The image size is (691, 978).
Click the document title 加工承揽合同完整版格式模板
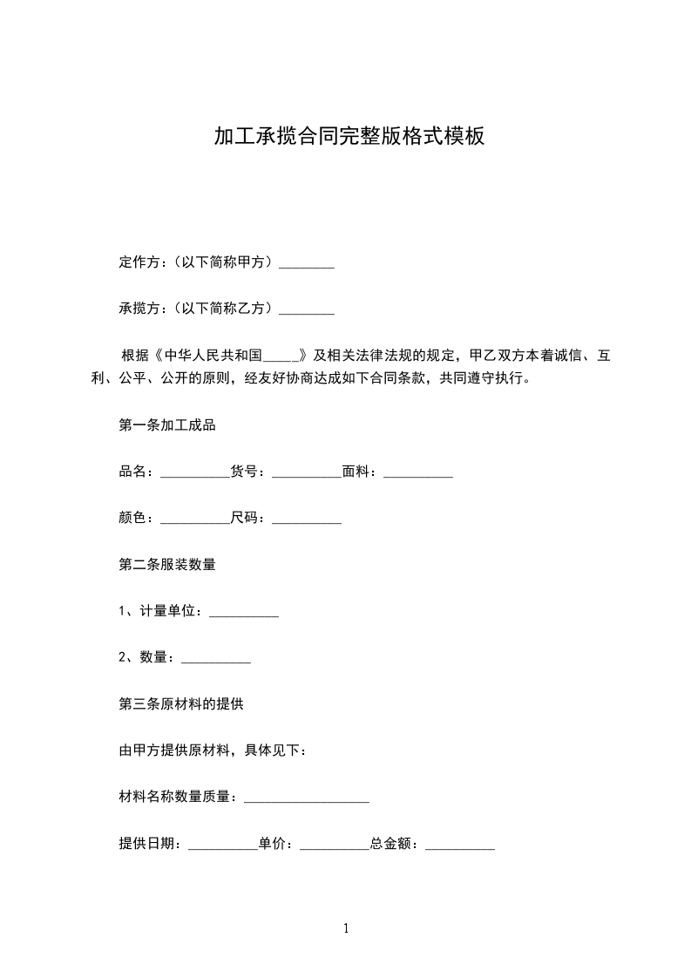(349, 136)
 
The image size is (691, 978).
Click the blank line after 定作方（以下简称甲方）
(306, 262)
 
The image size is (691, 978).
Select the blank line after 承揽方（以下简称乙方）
(306, 309)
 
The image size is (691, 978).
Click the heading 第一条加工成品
(166, 425)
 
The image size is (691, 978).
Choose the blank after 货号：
(307, 472)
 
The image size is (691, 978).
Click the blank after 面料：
(418, 472)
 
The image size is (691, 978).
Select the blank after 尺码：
(307, 519)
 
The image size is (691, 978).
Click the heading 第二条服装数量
(166, 565)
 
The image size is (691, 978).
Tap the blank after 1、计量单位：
(244, 612)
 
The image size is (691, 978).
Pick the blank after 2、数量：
(216, 658)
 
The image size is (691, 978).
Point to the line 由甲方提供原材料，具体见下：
(212, 750)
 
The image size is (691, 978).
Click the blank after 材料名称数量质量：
(306, 798)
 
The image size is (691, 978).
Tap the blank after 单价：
(335, 844)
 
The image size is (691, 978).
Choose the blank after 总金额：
(460, 844)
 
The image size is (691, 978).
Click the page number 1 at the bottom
(346, 928)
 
